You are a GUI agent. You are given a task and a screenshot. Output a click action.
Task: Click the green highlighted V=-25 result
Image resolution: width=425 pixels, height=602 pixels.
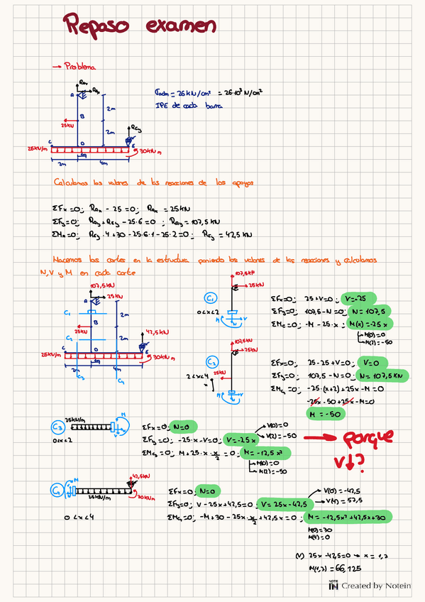coord(355,298)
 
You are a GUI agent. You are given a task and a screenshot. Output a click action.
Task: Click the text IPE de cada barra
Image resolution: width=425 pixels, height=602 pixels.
coord(188,105)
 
